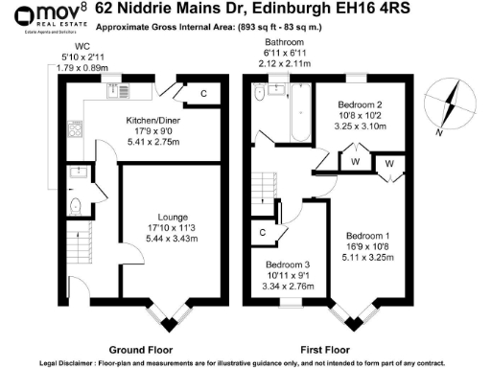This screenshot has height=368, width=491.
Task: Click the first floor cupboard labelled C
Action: point(263,232)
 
